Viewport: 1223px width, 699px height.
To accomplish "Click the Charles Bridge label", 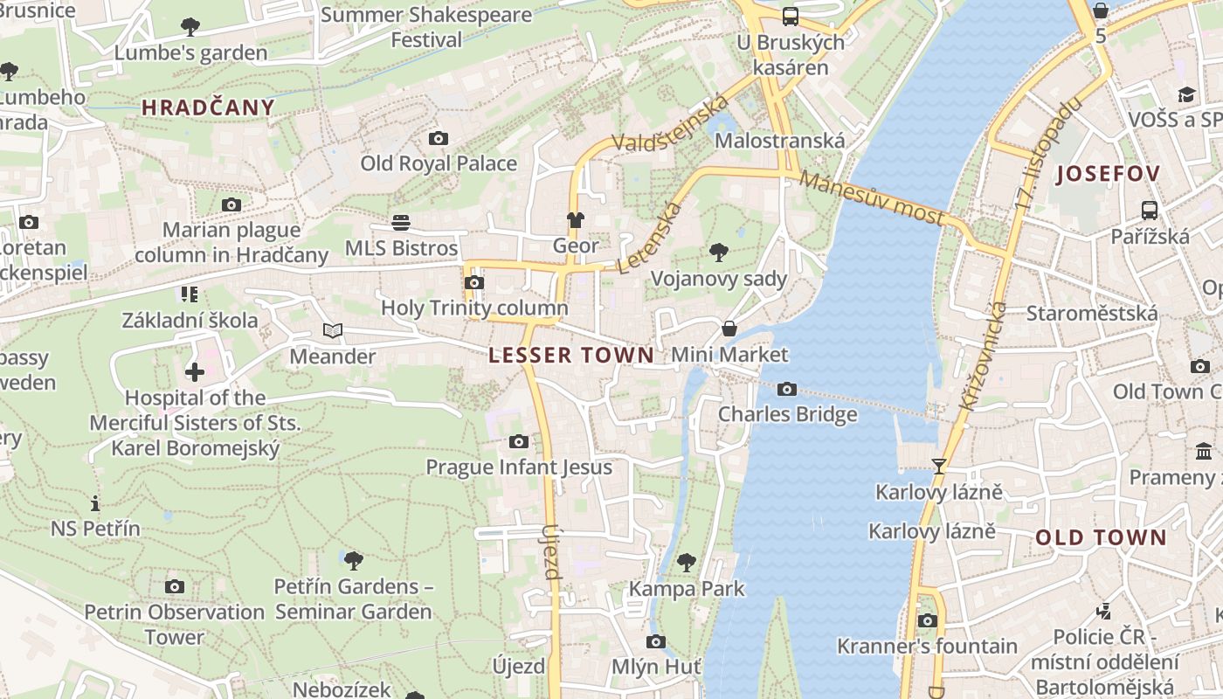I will [787, 413].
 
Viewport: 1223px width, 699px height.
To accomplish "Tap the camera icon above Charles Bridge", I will [786, 389].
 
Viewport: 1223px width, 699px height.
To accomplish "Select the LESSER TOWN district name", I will [570, 355].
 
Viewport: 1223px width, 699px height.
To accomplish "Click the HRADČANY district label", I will [208, 107].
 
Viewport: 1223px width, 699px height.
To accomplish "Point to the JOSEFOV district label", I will [1108, 173].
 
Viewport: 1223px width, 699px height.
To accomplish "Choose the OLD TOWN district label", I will [1101, 537].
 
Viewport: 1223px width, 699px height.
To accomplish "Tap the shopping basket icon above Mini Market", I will [729, 329].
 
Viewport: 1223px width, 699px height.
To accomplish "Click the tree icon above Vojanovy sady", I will [719, 253].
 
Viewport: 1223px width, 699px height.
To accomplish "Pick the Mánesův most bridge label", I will [871, 198].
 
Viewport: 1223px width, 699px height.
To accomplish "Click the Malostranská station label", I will [780, 141].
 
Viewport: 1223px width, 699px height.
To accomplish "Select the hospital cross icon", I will [194, 372].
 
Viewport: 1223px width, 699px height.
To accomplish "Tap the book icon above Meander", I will [332, 330].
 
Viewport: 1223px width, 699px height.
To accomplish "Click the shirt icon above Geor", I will [575, 220].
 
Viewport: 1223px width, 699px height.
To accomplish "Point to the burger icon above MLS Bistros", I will [401, 222].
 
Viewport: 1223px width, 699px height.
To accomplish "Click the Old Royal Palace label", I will [439, 163].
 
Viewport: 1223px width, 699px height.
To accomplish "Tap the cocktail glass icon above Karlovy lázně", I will [939, 467].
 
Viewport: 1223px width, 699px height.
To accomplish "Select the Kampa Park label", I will [687, 589].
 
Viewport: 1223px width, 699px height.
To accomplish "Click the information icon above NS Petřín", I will [95, 503].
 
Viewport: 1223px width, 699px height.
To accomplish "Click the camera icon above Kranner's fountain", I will [927, 621].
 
